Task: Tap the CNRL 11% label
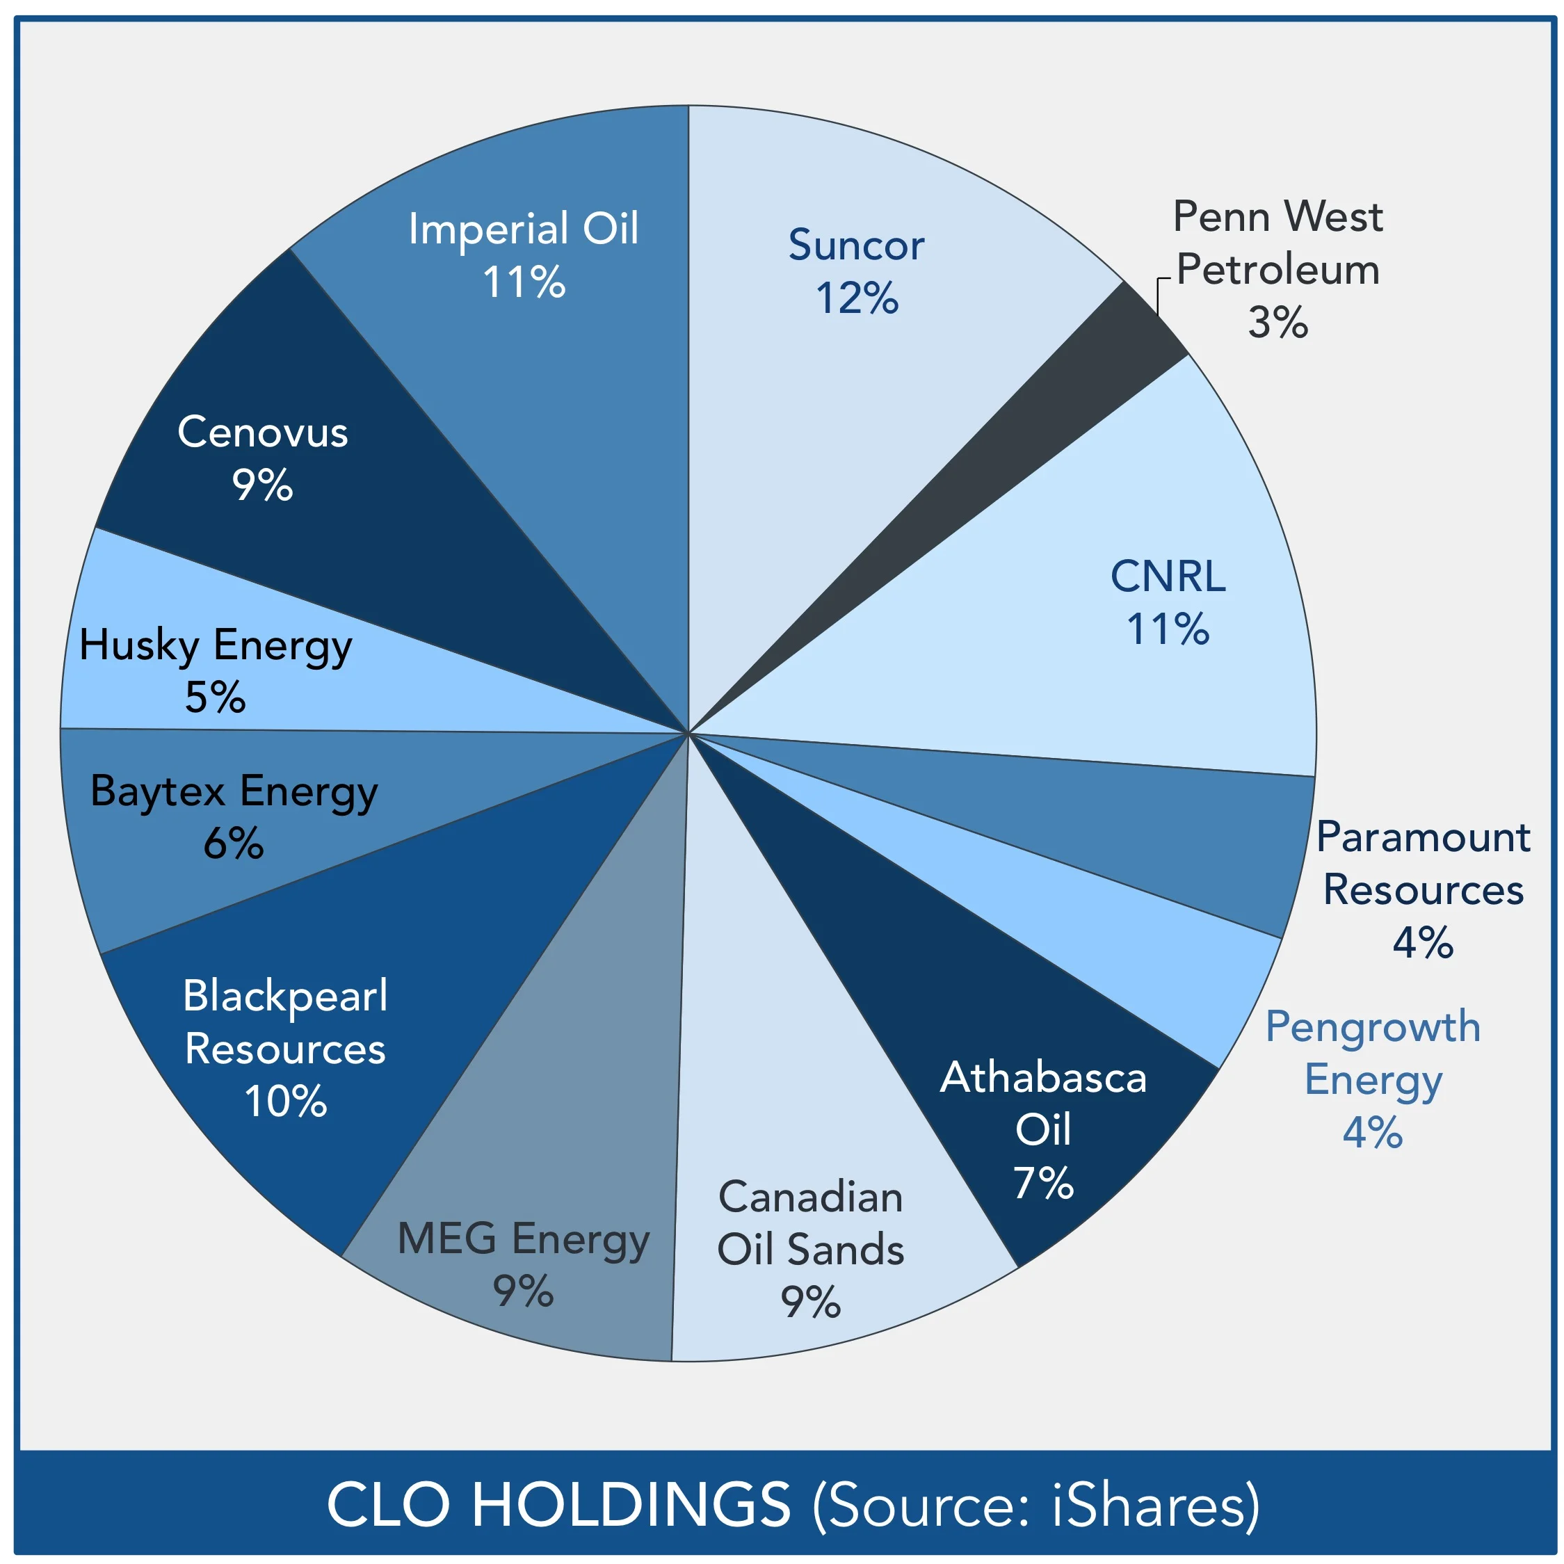pyautogui.click(x=1168, y=603)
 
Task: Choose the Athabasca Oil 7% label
pyautogui.click(x=1042, y=1130)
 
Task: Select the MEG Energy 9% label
pyautogui.click(x=523, y=1264)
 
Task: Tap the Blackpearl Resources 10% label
pyautogui.click(x=285, y=1048)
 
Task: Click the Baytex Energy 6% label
pyautogui.click(x=233, y=818)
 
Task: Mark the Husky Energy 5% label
pyautogui.click(x=216, y=671)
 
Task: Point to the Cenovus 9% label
pyautogui.click(x=262, y=458)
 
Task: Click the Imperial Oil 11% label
pyautogui.click(x=523, y=255)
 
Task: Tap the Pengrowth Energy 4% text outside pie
pyautogui.click(x=1373, y=1079)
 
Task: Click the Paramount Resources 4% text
pyautogui.click(x=1422, y=889)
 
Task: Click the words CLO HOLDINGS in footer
pyautogui.click(x=558, y=1503)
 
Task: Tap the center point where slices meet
pyautogui.click(x=688, y=732)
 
